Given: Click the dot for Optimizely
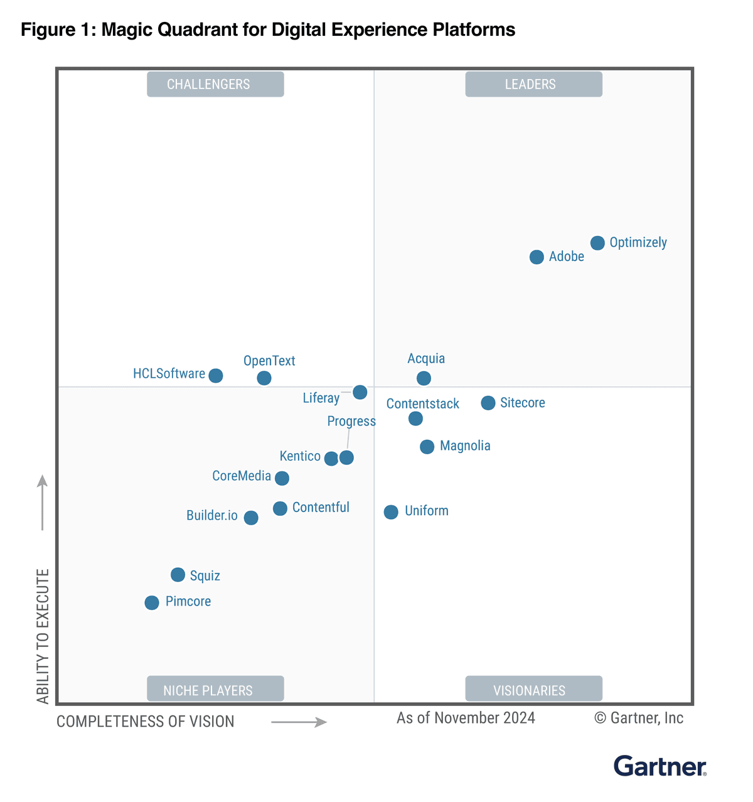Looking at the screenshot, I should click(x=597, y=243).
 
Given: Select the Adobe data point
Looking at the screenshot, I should click(x=537, y=257).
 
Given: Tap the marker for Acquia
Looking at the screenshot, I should click(x=424, y=378).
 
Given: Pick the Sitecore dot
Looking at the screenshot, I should click(x=488, y=403).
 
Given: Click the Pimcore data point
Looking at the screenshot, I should click(x=152, y=602).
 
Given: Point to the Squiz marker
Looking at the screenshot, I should click(x=178, y=575).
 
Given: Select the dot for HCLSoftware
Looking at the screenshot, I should click(x=216, y=376).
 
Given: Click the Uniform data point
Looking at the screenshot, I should click(x=391, y=512).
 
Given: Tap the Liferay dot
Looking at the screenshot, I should click(x=360, y=392).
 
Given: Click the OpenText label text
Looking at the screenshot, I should click(x=269, y=361).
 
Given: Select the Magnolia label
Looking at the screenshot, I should click(x=465, y=446).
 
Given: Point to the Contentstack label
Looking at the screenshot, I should click(x=422, y=404).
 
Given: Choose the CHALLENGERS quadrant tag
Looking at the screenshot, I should click(x=215, y=84).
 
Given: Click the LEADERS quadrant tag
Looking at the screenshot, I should click(x=533, y=84).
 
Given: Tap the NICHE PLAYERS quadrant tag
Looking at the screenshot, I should click(x=215, y=689).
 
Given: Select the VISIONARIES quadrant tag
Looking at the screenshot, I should click(x=533, y=689).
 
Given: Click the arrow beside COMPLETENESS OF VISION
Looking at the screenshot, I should click(x=299, y=722).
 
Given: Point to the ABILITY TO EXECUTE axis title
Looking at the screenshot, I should click(x=43, y=636).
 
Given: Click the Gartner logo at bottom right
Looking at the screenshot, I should click(x=660, y=766).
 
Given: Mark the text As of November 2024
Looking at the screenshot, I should click(x=466, y=718).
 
